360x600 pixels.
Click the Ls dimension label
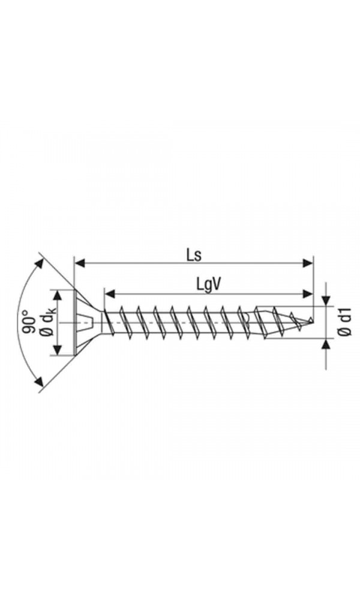click(x=193, y=254)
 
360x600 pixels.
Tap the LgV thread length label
click(x=209, y=284)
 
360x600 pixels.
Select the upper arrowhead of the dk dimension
click(x=58, y=295)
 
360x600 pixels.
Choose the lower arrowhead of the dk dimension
click(x=58, y=350)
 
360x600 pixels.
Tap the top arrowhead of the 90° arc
click(x=40, y=263)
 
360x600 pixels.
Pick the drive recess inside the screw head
click(x=86, y=323)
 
